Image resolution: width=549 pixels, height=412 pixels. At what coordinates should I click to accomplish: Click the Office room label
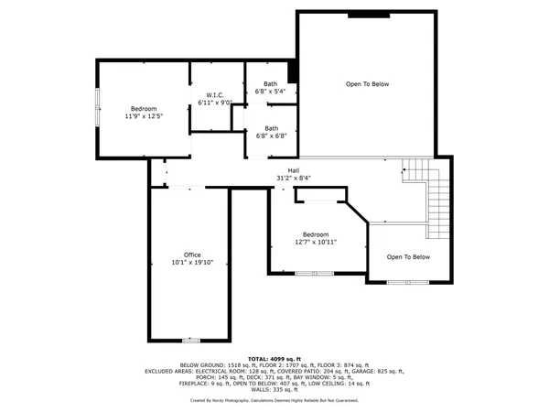[x=192, y=259]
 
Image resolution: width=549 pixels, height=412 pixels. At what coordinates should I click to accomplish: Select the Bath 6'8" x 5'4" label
[x=271, y=88]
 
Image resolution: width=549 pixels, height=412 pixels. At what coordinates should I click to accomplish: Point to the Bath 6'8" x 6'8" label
[x=271, y=132]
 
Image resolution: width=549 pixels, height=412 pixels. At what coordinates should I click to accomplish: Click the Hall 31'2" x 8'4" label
[x=294, y=174]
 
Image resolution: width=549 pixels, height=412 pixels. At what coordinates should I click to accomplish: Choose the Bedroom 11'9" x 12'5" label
[x=143, y=113]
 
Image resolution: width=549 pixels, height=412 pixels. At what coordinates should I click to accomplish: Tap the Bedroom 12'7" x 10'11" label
[x=315, y=238]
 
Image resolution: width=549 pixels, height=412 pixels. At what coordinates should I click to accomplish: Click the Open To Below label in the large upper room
[x=367, y=84]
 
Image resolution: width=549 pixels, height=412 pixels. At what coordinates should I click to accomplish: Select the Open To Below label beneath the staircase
[x=408, y=257]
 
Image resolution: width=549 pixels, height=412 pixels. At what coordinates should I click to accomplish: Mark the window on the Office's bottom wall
[x=190, y=340]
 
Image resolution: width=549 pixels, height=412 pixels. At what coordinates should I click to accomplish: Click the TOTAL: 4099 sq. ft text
[x=274, y=358]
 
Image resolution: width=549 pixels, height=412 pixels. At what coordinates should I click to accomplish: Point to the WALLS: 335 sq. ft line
[x=274, y=389]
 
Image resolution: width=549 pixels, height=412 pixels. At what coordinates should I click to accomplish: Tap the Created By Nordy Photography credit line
[x=274, y=400]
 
